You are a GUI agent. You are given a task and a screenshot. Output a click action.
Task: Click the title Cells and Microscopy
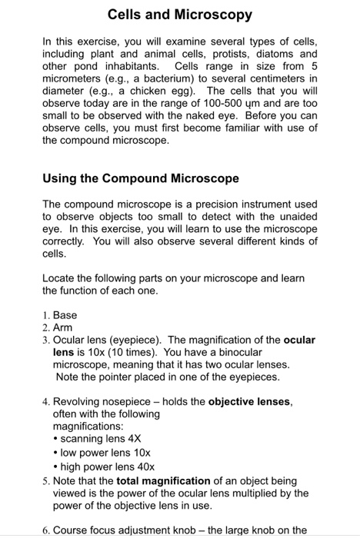pyautogui.click(x=180, y=15)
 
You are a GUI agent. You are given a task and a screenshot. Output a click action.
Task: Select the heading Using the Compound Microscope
pyautogui.click(x=141, y=178)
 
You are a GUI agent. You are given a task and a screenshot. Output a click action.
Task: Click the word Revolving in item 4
pyautogui.click(x=80, y=401)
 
